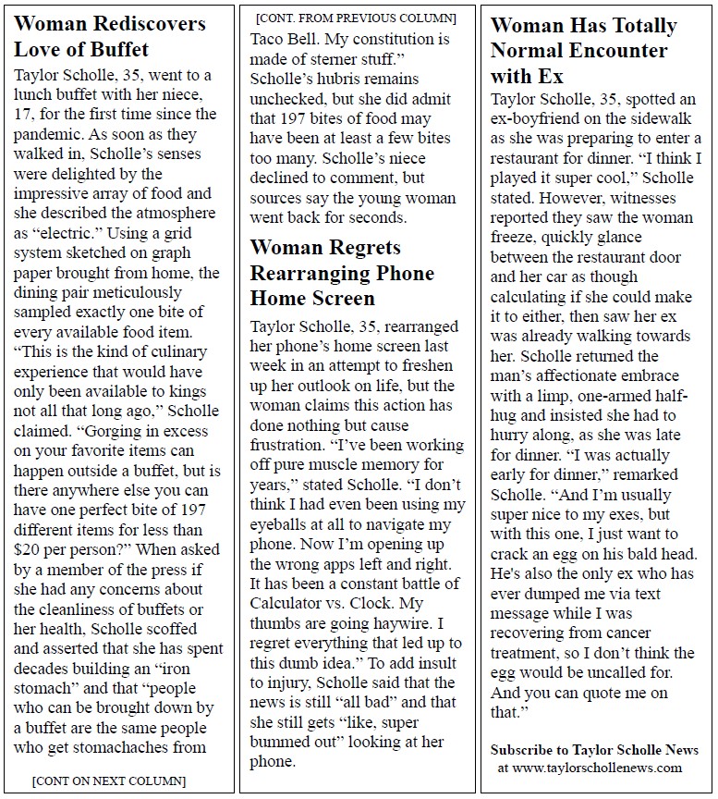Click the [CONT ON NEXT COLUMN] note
109,781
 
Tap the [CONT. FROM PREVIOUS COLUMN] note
356,18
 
